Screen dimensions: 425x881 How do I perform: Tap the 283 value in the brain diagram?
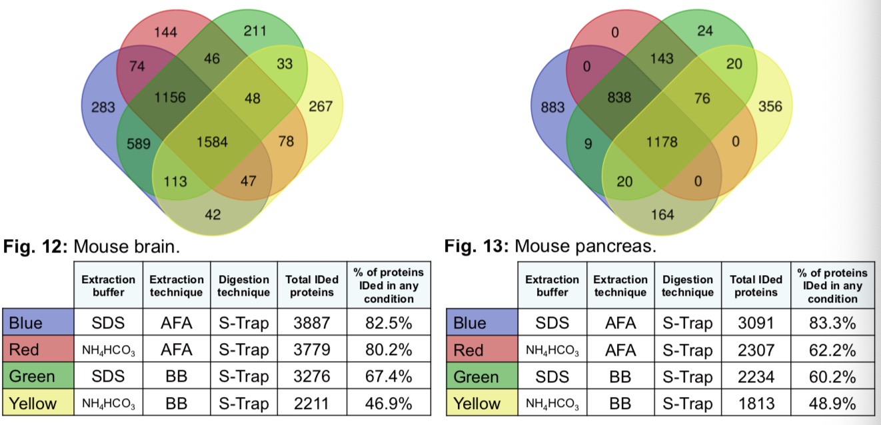click(103, 107)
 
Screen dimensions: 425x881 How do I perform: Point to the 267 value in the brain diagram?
click(321, 106)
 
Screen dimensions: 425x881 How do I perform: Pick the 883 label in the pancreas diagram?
click(553, 107)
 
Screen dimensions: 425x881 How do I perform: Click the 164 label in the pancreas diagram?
click(663, 214)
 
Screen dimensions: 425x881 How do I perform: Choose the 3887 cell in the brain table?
click(312, 323)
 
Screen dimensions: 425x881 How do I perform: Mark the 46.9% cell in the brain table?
click(389, 403)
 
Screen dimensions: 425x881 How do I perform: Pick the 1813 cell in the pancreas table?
click(756, 403)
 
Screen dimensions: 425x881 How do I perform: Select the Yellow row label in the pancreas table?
click(478, 403)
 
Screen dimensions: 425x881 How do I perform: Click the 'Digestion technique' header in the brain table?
click(243, 286)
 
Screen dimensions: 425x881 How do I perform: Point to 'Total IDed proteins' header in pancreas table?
click(756, 286)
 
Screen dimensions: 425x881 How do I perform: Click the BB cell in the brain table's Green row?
click(177, 376)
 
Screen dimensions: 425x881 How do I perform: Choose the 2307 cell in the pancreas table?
click(756, 350)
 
